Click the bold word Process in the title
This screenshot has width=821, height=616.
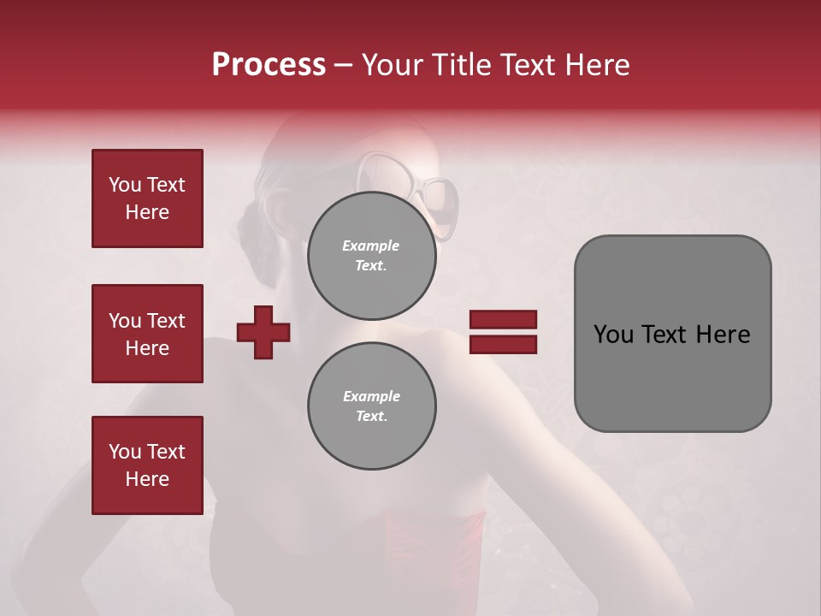pos(269,65)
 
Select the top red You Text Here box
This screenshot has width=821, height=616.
pos(147,198)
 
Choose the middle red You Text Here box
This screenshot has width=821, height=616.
pos(147,334)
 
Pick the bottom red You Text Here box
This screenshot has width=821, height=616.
pos(147,465)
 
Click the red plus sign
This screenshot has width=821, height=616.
pos(263,332)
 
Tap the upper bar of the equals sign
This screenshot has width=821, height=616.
pos(503,320)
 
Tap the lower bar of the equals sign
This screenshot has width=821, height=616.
pos(503,344)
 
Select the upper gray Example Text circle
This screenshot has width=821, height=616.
pos(371,256)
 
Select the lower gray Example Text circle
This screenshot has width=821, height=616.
pos(371,406)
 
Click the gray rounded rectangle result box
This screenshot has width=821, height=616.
pos(672,333)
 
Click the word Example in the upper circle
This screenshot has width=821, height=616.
pos(370,246)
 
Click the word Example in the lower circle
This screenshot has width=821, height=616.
pos(371,396)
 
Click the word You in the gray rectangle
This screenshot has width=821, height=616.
pos(612,335)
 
